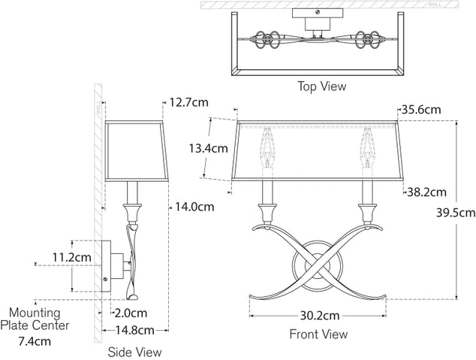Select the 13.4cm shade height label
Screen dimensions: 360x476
click(208, 148)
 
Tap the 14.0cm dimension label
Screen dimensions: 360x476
click(195, 206)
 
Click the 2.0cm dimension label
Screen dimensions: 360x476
click(130, 313)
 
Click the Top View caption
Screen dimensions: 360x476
click(321, 86)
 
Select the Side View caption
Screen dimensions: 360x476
click(135, 351)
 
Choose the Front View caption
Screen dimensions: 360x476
click(318, 334)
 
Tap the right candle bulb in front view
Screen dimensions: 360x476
click(368, 147)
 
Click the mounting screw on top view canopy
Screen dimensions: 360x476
click(319, 12)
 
